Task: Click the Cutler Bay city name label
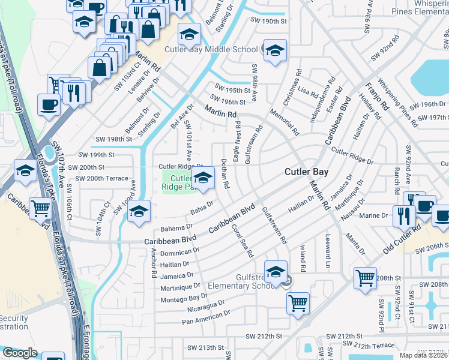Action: point(306,172)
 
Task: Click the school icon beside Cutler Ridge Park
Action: point(203,178)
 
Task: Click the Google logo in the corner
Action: point(20,353)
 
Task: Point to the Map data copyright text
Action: point(422,355)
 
